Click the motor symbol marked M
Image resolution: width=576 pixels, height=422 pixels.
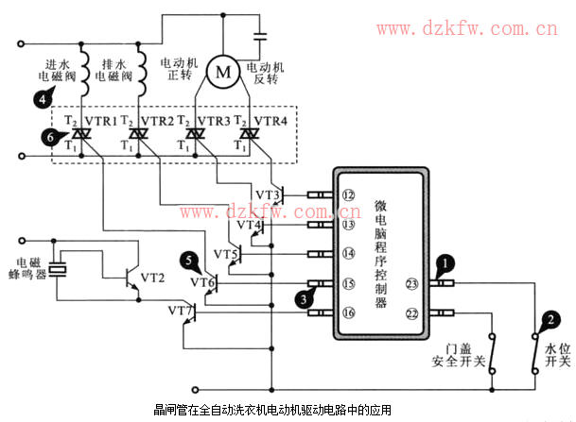(223, 71)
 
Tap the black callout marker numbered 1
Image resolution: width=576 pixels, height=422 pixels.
(441, 265)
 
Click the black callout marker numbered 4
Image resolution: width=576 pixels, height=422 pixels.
(42, 97)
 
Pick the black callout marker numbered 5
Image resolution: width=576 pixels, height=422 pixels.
(191, 259)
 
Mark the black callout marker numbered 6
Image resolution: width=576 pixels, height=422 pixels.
(49, 138)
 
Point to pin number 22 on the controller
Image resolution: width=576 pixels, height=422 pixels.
(412, 312)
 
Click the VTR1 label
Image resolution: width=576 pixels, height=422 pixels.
(101, 122)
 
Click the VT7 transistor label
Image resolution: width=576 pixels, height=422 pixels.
(181, 310)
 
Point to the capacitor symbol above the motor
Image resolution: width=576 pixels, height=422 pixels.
(260, 39)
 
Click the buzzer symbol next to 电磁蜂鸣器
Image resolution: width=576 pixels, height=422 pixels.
(59, 270)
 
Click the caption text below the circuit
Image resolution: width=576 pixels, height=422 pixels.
(272, 411)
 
